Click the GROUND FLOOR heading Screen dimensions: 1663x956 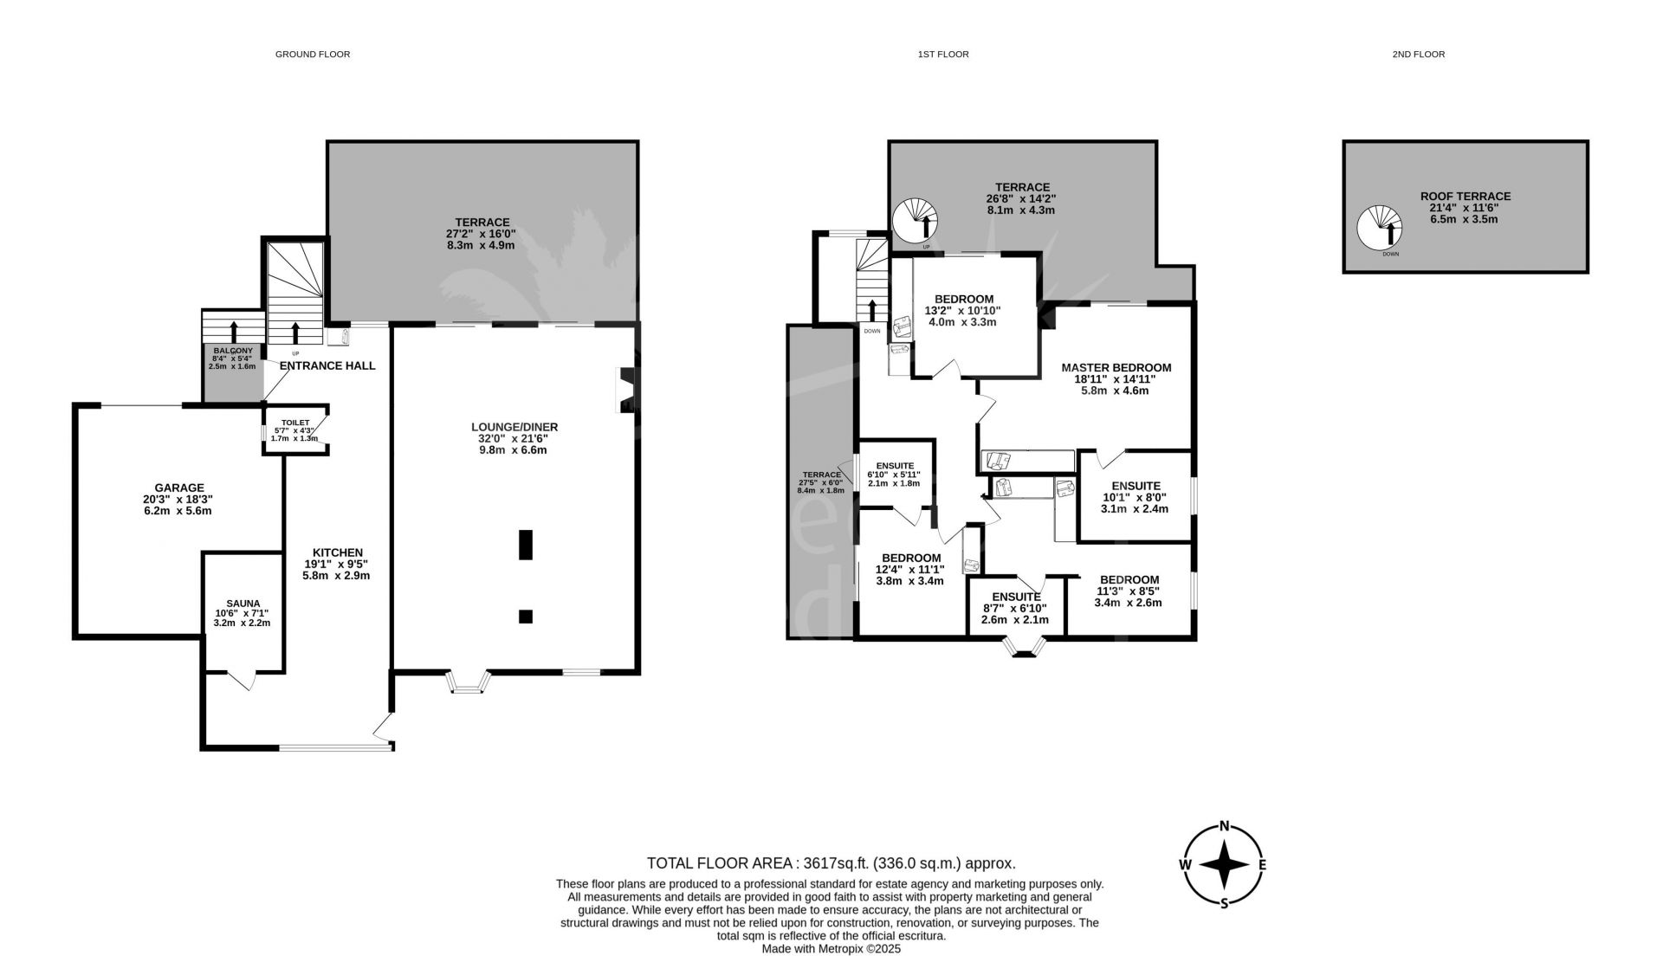click(313, 55)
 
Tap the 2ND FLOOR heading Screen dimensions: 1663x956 click(1419, 55)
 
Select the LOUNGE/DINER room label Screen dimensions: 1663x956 click(514, 427)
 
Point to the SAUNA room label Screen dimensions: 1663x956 click(243, 604)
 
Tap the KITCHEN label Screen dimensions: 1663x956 click(338, 552)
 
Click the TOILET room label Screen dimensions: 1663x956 click(295, 423)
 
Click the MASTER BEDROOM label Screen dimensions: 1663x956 click(1116, 368)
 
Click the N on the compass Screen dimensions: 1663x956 click(1225, 824)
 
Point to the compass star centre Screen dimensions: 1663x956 click(1225, 864)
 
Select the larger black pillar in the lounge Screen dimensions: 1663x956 click(526, 545)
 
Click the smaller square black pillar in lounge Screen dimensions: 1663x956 click(526, 617)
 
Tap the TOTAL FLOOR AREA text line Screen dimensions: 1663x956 click(831, 863)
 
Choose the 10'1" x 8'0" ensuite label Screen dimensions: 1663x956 click(1135, 498)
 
